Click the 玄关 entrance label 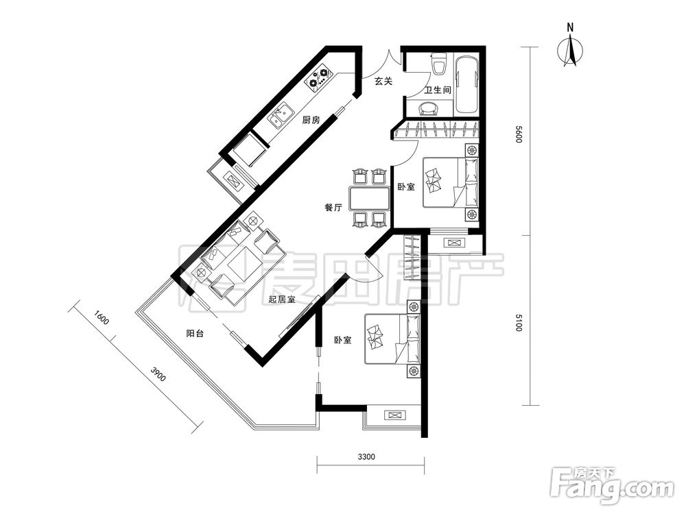click(x=383, y=81)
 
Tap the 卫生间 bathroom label click(x=438, y=90)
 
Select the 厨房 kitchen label click(x=311, y=119)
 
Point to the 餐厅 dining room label click(x=333, y=207)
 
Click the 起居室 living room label click(x=281, y=299)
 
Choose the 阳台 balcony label click(x=195, y=334)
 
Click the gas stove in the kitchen click(x=319, y=78)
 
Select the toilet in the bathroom click(x=438, y=64)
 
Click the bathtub click(x=466, y=84)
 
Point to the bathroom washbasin click(x=428, y=108)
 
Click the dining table click(x=370, y=199)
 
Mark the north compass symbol click(x=569, y=49)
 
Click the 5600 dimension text click(x=519, y=134)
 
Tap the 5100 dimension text click(x=519, y=323)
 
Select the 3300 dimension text click(x=366, y=457)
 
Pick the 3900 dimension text click(x=158, y=375)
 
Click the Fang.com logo click(x=612, y=485)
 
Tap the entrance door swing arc click(x=394, y=58)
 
